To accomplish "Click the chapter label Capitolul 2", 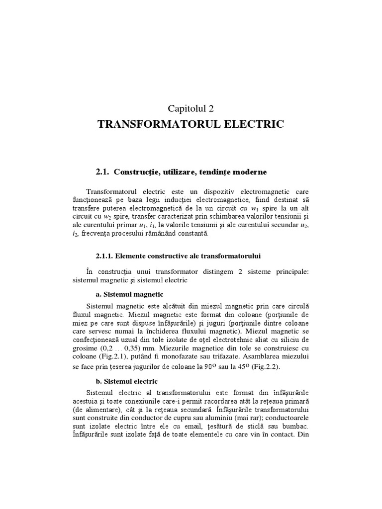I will tap(191, 108).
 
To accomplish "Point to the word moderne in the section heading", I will tap(248, 172).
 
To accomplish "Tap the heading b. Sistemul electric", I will tap(124, 381).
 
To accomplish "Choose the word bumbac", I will tap(294, 426).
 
